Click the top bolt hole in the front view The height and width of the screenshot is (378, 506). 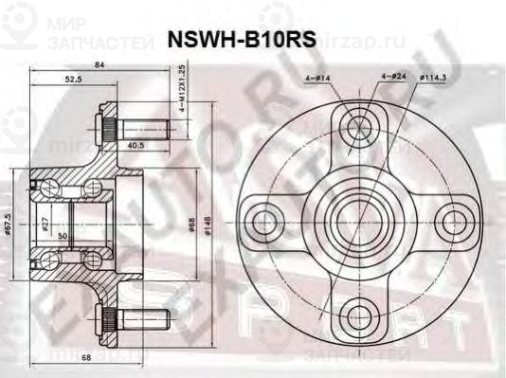click(359, 126)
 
